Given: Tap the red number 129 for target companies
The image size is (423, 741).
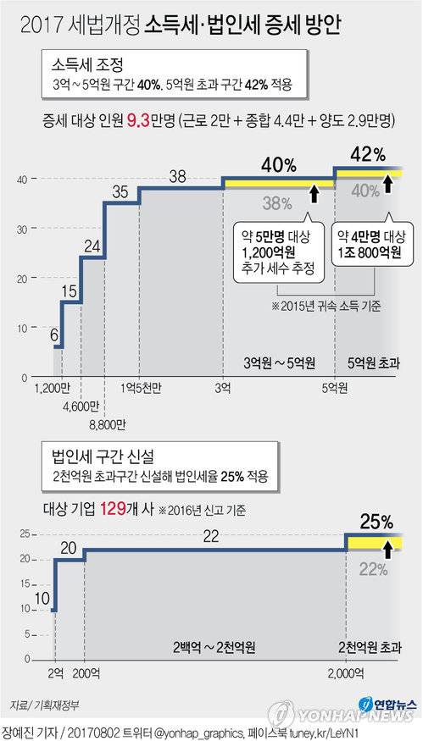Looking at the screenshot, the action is (114, 509).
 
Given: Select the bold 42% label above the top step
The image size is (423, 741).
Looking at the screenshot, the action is (367, 155).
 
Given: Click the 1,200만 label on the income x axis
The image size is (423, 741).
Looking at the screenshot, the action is (53, 389).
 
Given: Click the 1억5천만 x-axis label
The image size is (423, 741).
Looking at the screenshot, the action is (142, 389).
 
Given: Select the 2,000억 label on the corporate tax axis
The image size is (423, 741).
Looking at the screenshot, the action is (348, 672).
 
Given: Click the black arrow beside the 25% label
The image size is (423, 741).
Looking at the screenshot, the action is (388, 550).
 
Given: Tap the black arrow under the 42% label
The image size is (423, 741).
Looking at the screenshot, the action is (388, 184).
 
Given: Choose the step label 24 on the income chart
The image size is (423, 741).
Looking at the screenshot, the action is (93, 247).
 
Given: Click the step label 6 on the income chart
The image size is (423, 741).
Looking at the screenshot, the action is (55, 335).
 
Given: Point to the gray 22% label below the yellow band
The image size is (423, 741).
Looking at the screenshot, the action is (373, 570).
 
